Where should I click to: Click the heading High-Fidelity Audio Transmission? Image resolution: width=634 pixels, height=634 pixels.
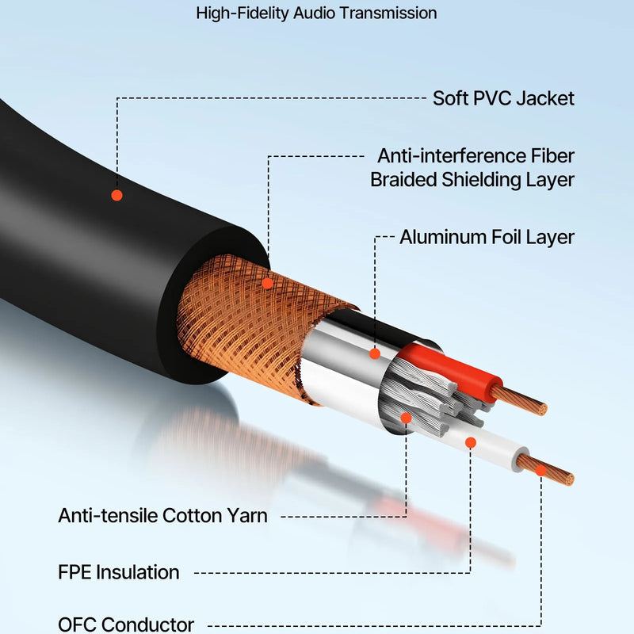(316, 13)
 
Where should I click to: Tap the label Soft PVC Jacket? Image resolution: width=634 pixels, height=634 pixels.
(503, 98)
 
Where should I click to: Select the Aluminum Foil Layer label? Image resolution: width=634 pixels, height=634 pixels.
(487, 237)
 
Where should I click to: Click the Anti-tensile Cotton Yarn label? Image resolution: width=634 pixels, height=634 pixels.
(162, 516)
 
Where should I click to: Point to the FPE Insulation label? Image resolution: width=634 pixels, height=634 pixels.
(119, 571)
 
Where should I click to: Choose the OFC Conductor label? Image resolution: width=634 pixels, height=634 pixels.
(126, 624)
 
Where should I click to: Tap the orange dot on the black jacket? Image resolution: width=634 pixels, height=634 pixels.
(116, 195)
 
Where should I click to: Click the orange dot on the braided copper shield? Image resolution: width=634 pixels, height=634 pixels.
(268, 282)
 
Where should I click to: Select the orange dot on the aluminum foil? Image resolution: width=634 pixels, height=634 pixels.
(375, 353)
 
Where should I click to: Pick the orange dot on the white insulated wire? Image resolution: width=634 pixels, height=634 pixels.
(470, 442)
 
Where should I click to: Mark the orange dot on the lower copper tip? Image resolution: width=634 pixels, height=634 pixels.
(541, 470)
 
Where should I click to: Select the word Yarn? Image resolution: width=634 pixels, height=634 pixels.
(246, 516)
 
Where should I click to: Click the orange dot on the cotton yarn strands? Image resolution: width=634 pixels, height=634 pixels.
(406, 417)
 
